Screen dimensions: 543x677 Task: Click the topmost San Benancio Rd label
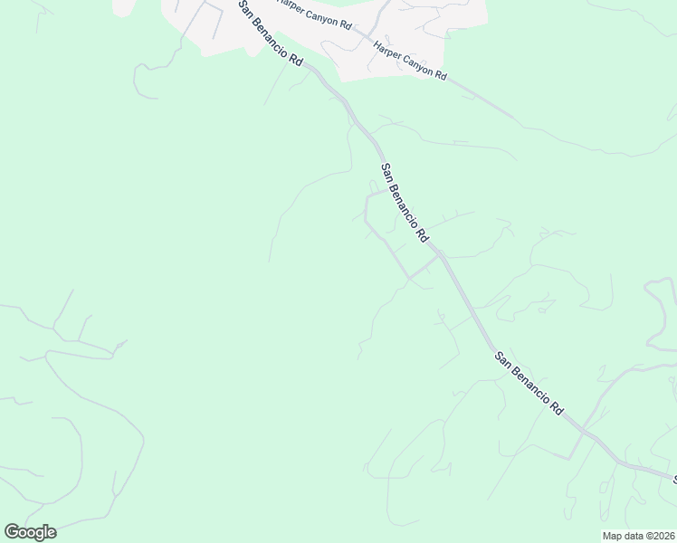[x=271, y=33]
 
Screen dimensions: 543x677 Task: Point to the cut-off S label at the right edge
[x=673, y=479]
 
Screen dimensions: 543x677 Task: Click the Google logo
[x=30, y=532]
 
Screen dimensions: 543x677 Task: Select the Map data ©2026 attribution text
[x=638, y=536]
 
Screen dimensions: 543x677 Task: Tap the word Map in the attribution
[x=612, y=536]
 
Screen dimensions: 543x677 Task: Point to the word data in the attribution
[x=633, y=536]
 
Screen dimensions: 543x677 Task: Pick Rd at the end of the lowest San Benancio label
[x=556, y=408]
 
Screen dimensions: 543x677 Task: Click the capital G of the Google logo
[x=12, y=531]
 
